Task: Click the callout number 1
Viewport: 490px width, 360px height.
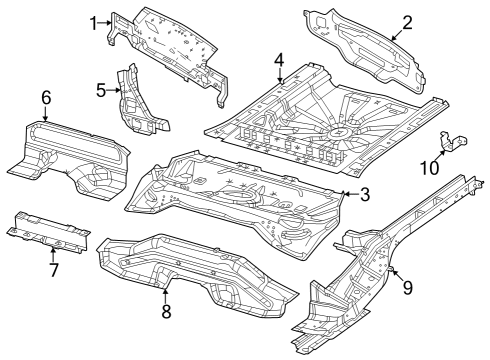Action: coord(94,21)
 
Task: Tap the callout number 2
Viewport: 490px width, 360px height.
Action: coord(407,22)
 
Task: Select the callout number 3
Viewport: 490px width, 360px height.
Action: coord(365,193)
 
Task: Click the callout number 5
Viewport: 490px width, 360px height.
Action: coord(101,90)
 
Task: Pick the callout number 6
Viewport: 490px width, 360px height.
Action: coord(45,97)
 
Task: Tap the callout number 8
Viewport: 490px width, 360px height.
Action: coord(166,310)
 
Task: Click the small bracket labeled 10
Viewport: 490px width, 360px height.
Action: coord(453,143)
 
